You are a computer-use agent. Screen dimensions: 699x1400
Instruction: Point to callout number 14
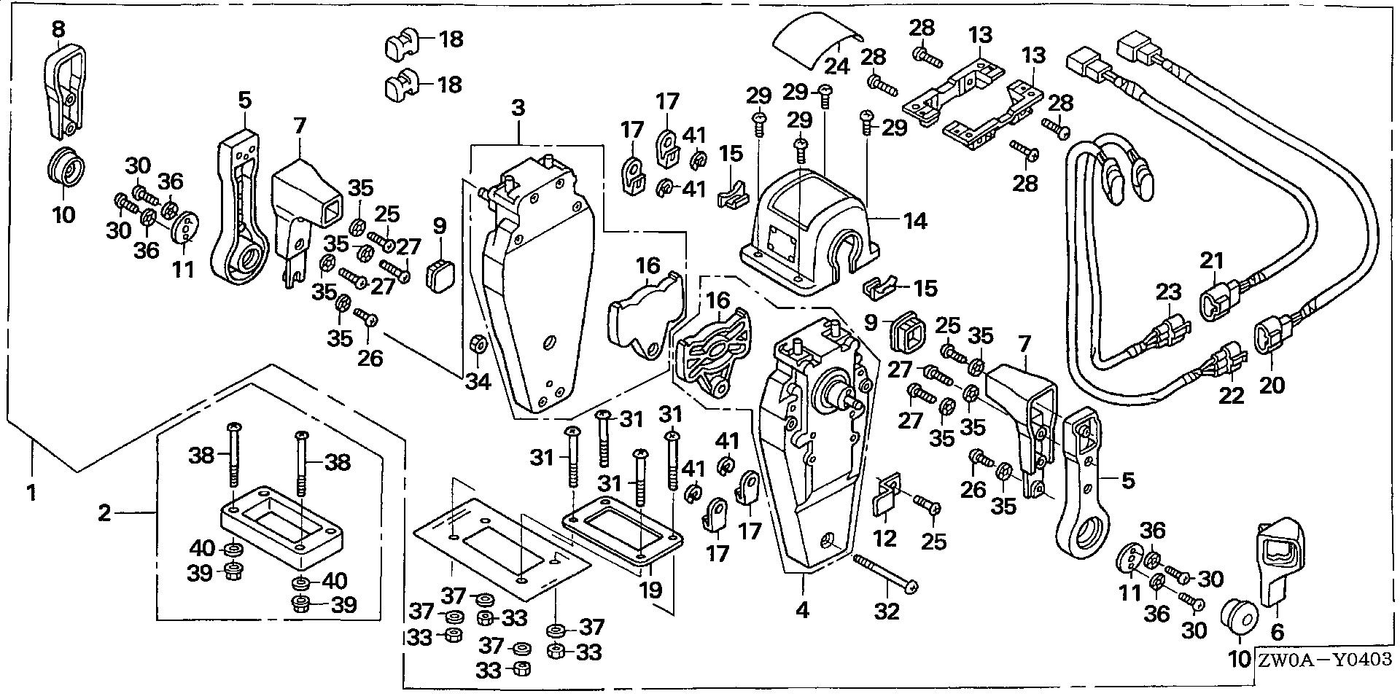[x=915, y=220]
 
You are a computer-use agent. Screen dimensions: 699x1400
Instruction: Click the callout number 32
[x=887, y=612]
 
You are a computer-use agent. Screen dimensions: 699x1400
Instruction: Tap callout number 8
[x=58, y=30]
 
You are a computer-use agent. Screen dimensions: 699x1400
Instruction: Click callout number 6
[x=1277, y=633]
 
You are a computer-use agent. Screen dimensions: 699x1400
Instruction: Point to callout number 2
[x=105, y=514]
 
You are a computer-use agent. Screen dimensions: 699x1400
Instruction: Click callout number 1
[x=30, y=493]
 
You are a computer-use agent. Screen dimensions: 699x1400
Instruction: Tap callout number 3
[x=518, y=109]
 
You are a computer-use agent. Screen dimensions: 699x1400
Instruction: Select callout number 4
[x=802, y=610]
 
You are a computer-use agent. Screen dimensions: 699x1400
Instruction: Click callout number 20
[x=1272, y=383]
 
